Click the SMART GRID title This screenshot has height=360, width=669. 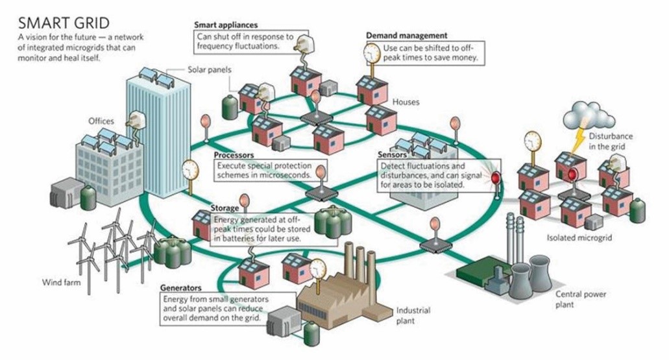click(64, 23)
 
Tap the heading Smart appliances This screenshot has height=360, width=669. click(226, 25)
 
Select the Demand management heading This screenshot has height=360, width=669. click(407, 36)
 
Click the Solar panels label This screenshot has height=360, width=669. click(210, 69)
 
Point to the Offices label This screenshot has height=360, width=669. click(101, 121)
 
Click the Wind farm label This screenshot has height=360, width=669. click(61, 282)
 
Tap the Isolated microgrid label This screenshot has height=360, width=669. click(579, 237)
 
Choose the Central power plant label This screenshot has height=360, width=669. click(580, 300)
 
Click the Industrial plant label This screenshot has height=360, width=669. click(413, 316)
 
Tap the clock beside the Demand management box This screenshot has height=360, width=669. click(372, 53)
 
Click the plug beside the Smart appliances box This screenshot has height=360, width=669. click(304, 44)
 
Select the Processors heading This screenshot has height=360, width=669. click(234, 155)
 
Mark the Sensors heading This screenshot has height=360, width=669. click(392, 154)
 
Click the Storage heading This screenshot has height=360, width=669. click(225, 208)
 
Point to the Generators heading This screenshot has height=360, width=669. click(181, 288)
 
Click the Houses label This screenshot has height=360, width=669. click(406, 102)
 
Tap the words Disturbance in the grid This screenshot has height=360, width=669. click(611, 141)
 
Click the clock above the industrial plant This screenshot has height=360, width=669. click(317, 269)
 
